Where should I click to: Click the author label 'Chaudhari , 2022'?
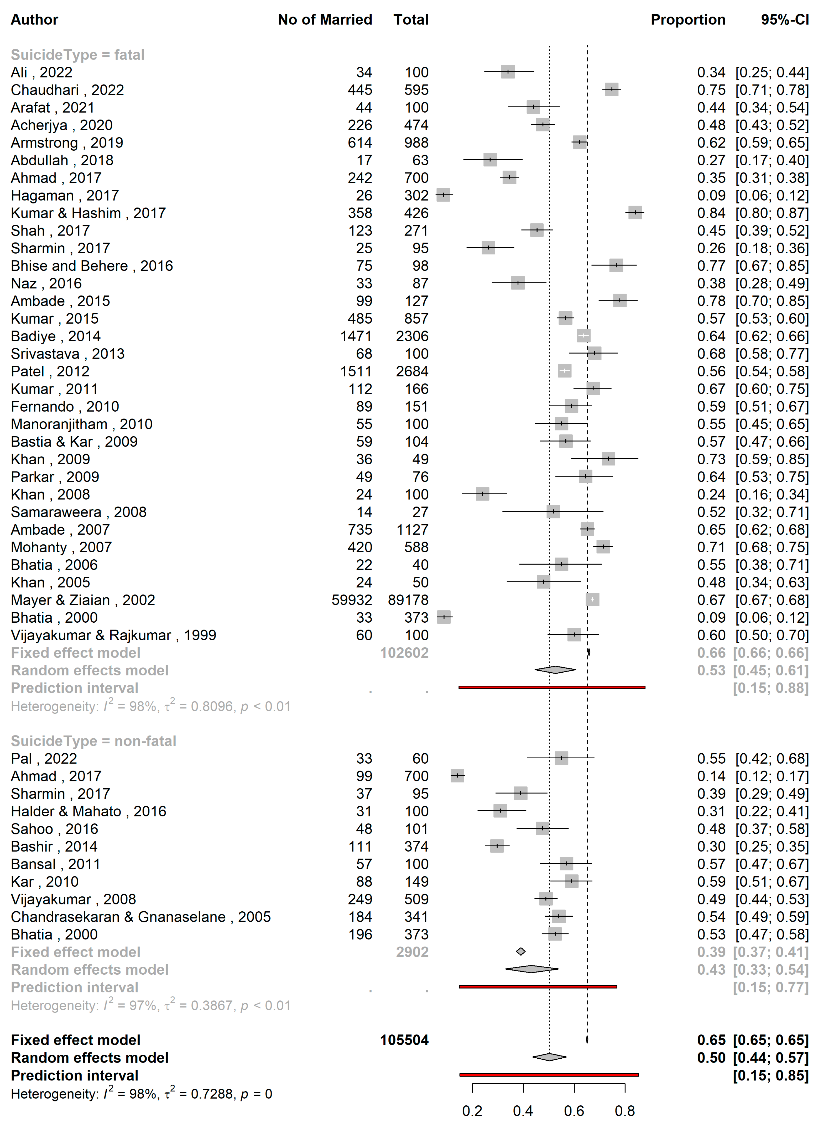coord(67,90)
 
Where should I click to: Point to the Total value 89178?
coord(408,600)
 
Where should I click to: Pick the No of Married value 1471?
coord(356,336)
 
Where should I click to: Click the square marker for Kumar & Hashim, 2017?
coord(635,213)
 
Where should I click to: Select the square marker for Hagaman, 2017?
coord(443,195)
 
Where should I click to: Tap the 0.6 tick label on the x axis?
coord(574,1111)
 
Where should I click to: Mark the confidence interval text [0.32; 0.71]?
coord(772,512)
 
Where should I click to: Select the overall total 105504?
coord(404,1040)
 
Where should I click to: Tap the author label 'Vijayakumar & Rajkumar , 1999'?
coord(113,635)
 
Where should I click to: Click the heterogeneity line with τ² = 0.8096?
coord(151,706)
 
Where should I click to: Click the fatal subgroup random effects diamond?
coord(555,670)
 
